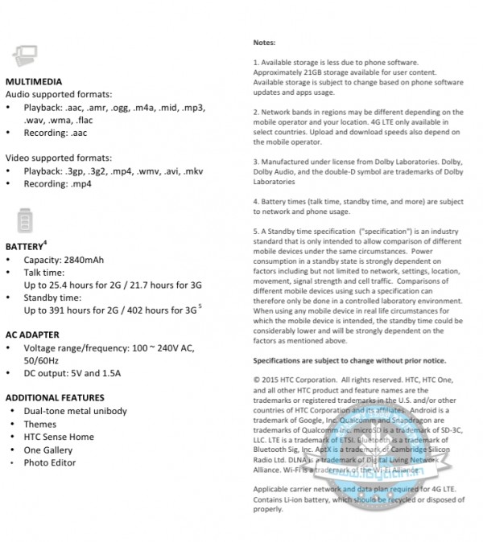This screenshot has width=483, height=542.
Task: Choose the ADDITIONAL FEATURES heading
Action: click(55, 397)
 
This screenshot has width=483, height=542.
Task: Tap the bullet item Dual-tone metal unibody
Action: click(75, 411)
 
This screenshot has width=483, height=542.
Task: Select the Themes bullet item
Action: click(40, 424)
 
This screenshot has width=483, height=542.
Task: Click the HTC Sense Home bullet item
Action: click(59, 437)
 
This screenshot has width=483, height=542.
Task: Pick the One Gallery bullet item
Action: click(48, 450)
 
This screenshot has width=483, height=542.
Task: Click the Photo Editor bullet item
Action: click(50, 462)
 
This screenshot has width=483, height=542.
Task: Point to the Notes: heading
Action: click(264, 42)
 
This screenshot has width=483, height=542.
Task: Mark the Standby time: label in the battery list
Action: click(54, 298)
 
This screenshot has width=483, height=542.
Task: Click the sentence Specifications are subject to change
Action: click(350, 360)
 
